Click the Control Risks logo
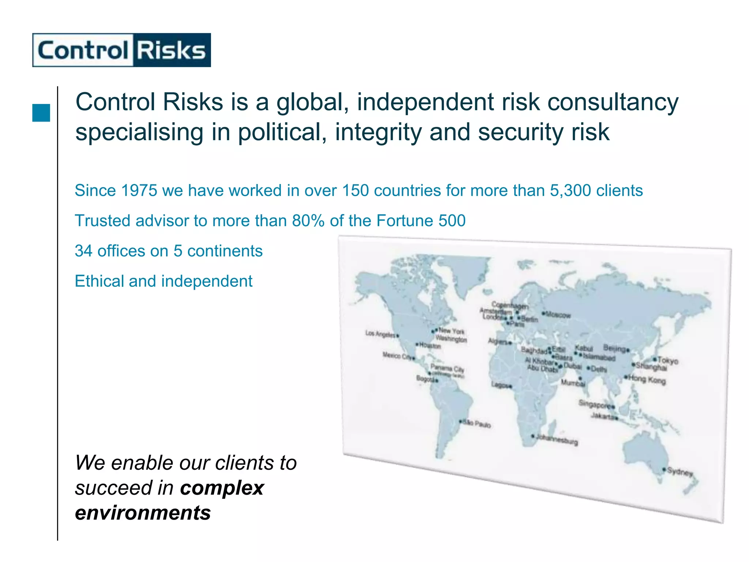point(121,50)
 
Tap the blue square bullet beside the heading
point(41,113)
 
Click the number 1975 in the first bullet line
point(139,191)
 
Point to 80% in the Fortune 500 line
point(308,221)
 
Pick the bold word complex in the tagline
point(222,488)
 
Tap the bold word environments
point(143,513)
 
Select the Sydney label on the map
point(680,472)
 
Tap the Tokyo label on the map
point(668,361)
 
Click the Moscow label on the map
point(558,315)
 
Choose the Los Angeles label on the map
point(380,334)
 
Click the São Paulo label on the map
point(477,424)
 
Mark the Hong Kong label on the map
point(647,380)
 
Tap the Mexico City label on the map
point(397,356)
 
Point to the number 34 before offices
point(84,251)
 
